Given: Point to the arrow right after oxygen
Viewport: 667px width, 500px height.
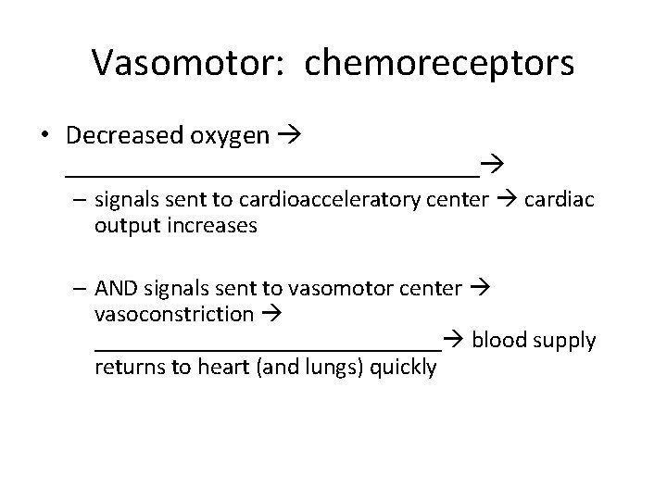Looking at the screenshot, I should coord(293,137).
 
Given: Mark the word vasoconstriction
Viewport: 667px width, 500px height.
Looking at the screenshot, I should coord(173,314).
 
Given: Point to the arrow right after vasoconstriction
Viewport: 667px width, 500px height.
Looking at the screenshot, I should coord(270,315).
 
